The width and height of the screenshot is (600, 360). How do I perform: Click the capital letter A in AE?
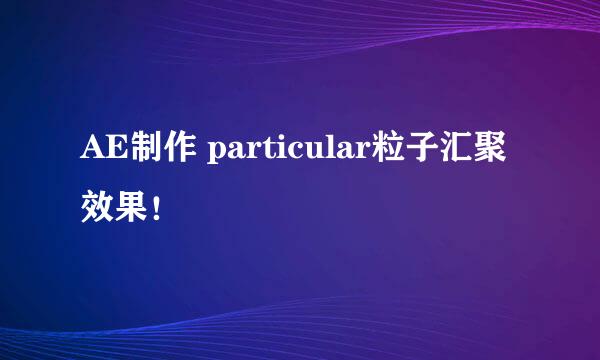click(91, 154)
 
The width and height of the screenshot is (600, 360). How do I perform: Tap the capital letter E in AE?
click(115, 154)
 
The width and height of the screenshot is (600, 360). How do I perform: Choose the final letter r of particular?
click(366, 157)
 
